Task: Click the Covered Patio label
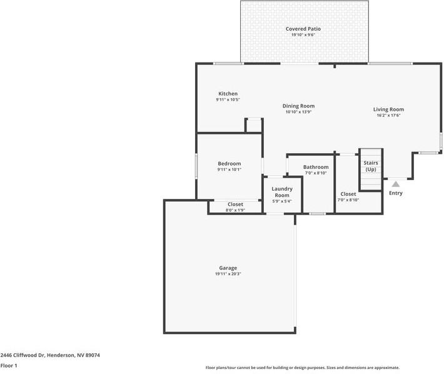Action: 303,29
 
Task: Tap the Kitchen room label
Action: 228,94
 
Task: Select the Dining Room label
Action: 298,106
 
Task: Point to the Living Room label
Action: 388,109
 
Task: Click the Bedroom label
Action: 229,164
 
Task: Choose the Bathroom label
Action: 316,167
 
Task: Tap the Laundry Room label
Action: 282,192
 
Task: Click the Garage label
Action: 228,268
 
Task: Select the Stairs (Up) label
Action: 371,166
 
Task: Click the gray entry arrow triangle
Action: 395,184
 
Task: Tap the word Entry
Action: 396,193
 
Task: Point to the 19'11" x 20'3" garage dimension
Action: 228,274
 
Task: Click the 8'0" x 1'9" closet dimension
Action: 235,210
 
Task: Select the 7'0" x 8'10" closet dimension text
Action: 348,200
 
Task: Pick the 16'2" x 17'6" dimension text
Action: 388,115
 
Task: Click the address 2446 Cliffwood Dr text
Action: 50,355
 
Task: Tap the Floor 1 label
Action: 9,365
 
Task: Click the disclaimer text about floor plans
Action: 303,368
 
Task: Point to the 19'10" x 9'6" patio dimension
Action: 303,35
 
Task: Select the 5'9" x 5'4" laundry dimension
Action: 282,201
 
